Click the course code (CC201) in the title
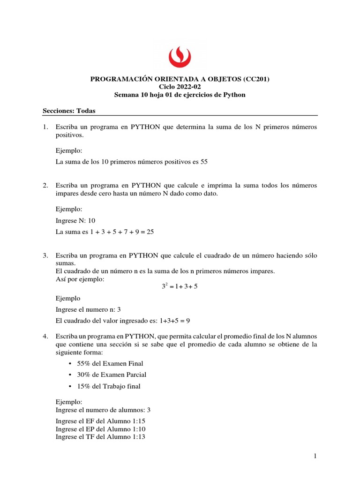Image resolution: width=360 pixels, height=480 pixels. pyautogui.click(x=256, y=79)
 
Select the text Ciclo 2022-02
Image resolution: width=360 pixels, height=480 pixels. pyautogui.click(x=180, y=87)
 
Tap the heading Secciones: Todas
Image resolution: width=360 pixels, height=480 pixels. pyautogui.click(x=69, y=111)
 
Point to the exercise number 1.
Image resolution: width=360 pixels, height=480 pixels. pyautogui.click(x=45, y=127)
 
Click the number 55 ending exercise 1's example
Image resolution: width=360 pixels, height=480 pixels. pyautogui.click(x=203, y=162)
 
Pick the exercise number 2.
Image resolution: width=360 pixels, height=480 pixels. pyautogui.click(x=45, y=186)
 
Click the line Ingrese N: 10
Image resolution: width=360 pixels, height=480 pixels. pyautogui.click(x=75, y=220)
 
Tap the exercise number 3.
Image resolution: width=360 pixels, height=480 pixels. pyautogui.click(x=45, y=255)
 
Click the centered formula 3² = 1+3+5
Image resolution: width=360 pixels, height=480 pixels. pyautogui.click(x=180, y=286)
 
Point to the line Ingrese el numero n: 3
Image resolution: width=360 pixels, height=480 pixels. pyautogui.click(x=88, y=309)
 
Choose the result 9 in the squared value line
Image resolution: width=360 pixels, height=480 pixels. pyautogui.click(x=187, y=321)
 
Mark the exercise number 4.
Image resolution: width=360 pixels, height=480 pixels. pyautogui.click(x=45, y=337)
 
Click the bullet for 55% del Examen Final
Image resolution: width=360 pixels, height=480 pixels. pyautogui.click(x=70, y=364)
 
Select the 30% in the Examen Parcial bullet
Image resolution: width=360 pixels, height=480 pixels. pyautogui.click(x=83, y=375)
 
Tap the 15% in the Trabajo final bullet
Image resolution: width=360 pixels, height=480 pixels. pyautogui.click(x=83, y=386)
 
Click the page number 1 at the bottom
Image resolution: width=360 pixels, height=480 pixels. pyautogui.click(x=316, y=456)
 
